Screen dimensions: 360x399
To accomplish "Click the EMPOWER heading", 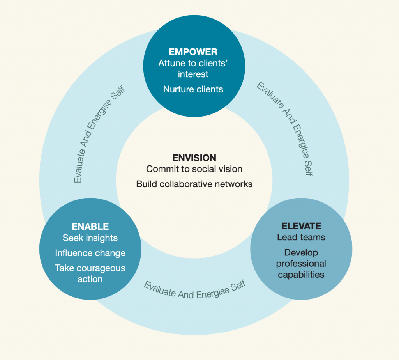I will [x=193, y=52].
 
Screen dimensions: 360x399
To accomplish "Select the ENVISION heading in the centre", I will [x=194, y=158].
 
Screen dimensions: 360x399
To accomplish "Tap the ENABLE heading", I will [x=90, y=227].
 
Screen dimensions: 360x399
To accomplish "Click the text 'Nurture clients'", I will [x=193, y=89].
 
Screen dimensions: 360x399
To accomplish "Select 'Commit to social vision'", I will [x=194, y=169].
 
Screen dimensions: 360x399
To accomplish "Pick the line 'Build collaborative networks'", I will [x=194, y=184].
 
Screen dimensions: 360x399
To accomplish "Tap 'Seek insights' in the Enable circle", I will [x=90, y=238].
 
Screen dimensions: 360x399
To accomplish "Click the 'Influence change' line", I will [x=90, y=253].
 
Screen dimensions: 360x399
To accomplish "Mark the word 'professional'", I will [x=301, y=264].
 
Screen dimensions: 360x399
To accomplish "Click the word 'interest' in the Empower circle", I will [x=193, y=74].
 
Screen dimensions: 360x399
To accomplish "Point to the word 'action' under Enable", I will [x=90, y=279].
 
